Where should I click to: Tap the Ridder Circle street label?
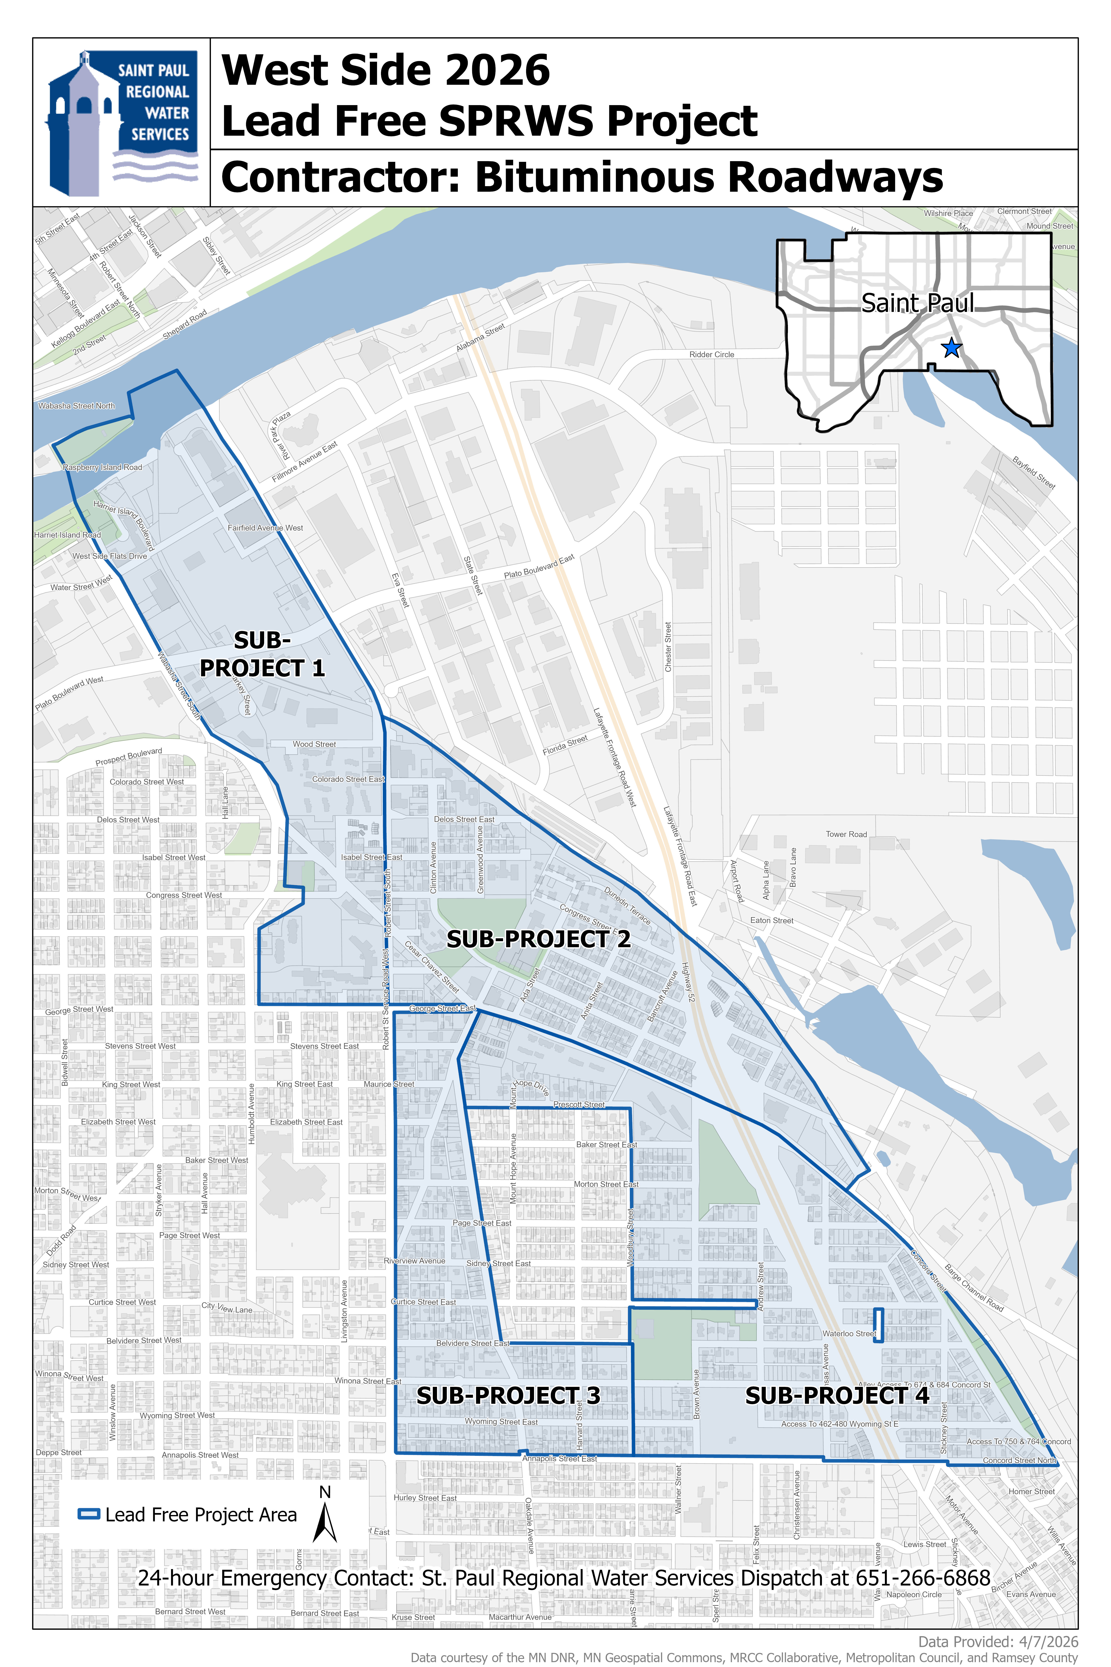[x=711, y=354]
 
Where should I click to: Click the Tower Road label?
[x=846, y=834]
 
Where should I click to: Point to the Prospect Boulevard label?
[x=129, y=757]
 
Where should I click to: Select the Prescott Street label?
[x=579, y=1104]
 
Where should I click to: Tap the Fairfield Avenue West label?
[x=265, y=528]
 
